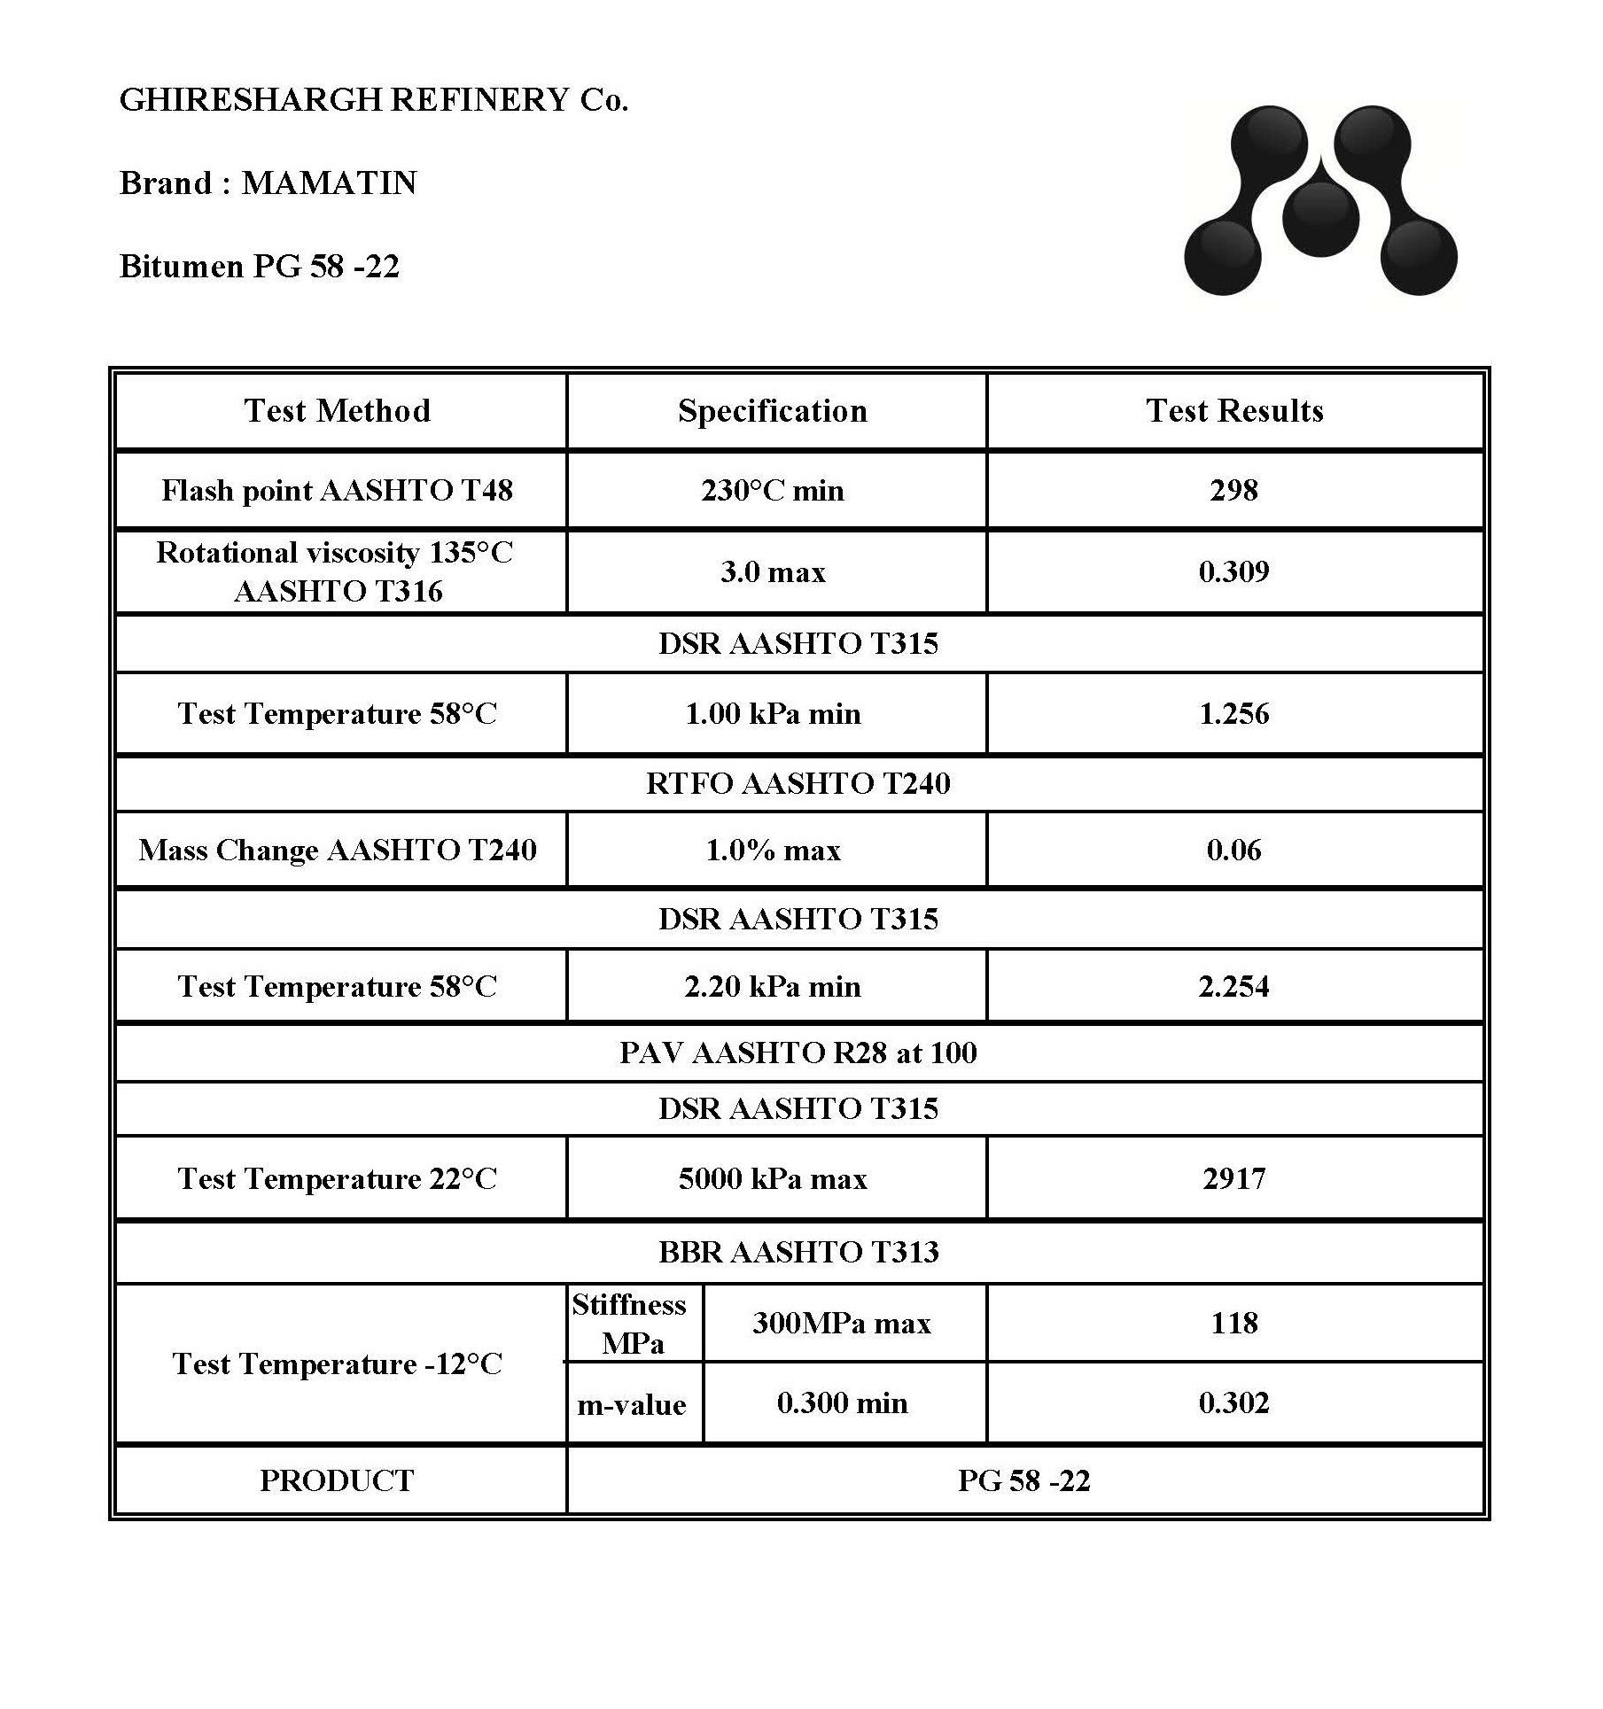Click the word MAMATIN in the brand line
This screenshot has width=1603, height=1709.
coord(329,183)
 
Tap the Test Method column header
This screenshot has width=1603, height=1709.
coord(338,410)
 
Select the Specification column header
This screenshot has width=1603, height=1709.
coord(773,410)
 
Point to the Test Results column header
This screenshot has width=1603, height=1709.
coord(1234,410)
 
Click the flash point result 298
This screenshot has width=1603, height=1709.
coord(1233,490)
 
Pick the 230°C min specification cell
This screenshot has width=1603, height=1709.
coord(773,490)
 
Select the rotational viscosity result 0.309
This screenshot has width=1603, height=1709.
coord(1233,571)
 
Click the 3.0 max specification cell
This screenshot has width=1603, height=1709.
coord(773,571)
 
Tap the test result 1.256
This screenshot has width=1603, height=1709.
coord(1233,713)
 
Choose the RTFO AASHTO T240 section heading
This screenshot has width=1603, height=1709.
coord(798,783)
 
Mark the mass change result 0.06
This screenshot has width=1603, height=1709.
coord(1233,851)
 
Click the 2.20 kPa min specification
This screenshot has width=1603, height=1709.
coord(773,986)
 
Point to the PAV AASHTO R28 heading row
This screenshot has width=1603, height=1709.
coord(798,1053)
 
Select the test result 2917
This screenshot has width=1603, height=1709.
coord(1233,1178)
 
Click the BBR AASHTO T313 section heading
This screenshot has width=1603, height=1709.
coord(798,1252)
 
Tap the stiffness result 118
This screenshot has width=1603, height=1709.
coord(1233,1323)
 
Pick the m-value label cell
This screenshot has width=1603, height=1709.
coord(632,1404)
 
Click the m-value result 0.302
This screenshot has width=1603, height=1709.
coord(1233,1402)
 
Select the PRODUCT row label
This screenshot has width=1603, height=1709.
coord(337,1480)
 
